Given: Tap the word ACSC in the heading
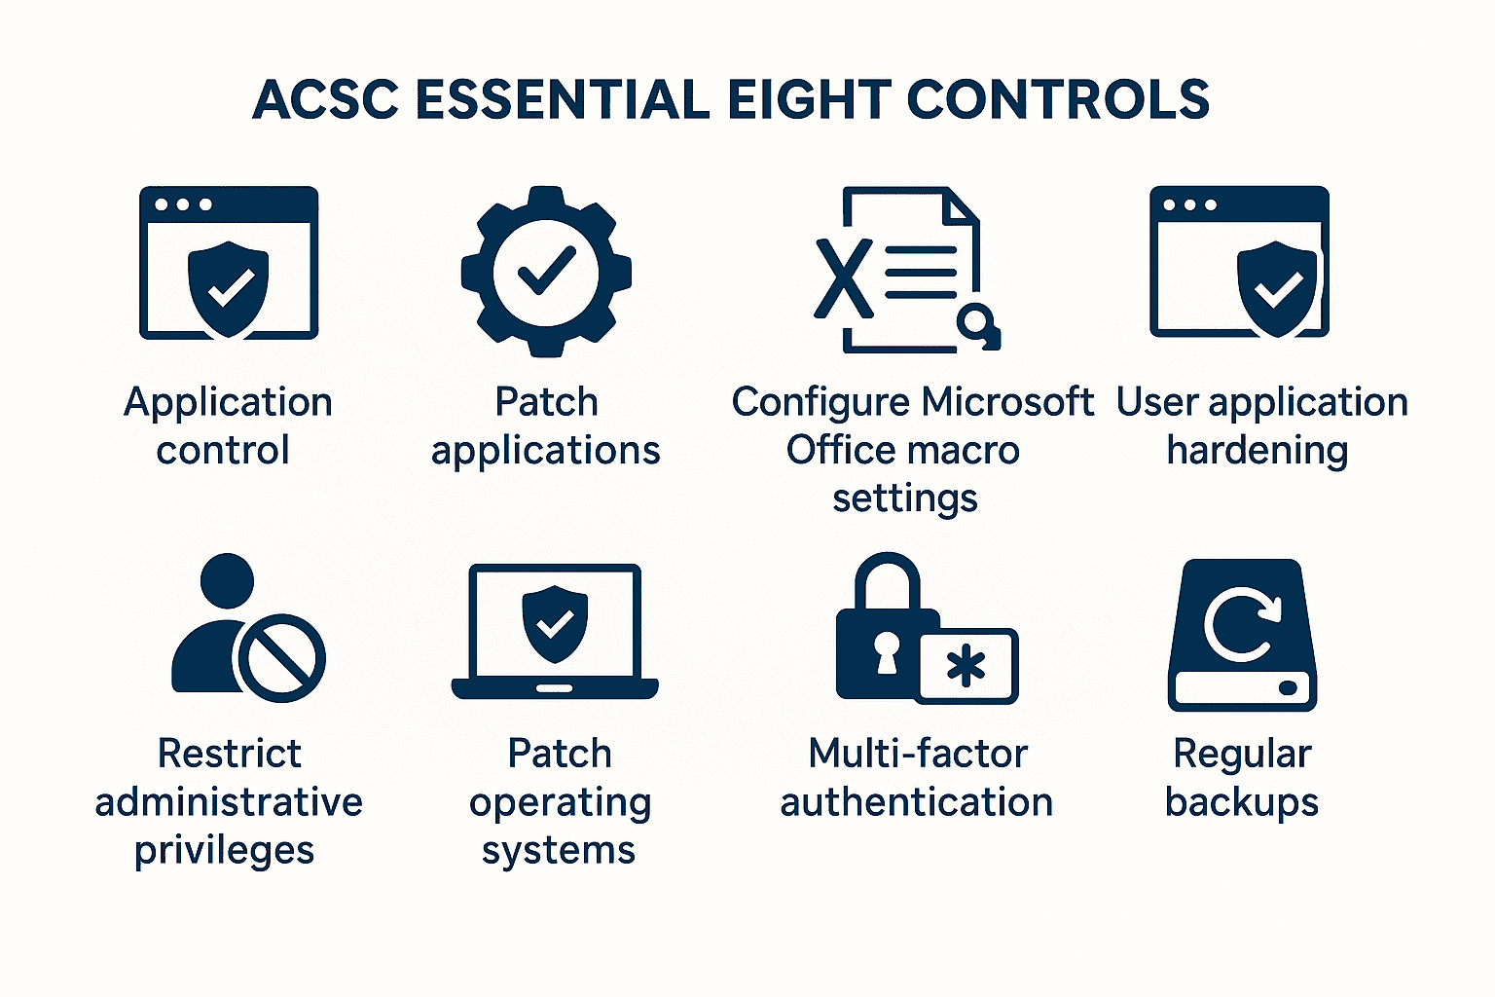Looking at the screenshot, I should click(326, 100).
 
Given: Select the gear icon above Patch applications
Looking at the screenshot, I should click(546, 272).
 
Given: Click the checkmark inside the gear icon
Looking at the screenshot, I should click(546, 270).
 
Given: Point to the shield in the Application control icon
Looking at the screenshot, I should click(228, 288).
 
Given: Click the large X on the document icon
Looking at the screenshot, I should click(843, 278).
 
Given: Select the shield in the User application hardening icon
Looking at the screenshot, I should click(1276, 288).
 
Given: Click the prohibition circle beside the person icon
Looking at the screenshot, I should click(282, 658).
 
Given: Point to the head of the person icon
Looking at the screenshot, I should click(227, 582).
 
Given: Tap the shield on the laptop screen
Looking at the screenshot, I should click(555, 623).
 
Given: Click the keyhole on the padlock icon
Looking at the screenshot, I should click(887, 651).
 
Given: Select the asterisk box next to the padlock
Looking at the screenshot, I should click(967, 667).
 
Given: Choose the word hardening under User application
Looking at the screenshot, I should click(1257, 451).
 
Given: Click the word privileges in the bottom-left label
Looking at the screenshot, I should click(225, 851).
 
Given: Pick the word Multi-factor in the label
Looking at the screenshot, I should click(917, 754).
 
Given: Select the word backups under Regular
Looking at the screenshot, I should click(1241, 802).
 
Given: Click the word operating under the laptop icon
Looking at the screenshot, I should click(560, 803).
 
